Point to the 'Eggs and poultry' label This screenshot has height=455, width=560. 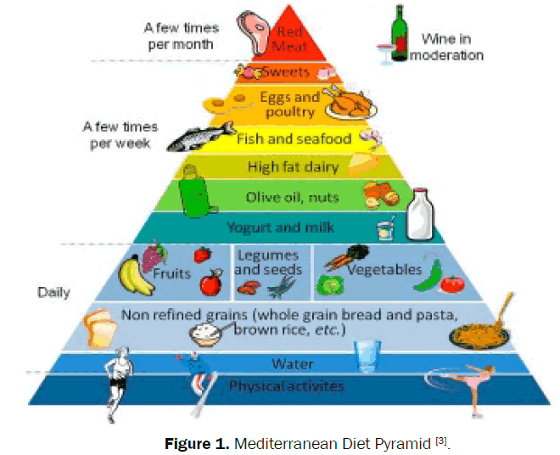(x=288, y=104)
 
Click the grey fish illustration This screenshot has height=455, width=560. (x=199, y=136)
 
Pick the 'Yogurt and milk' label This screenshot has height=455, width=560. (x=280, y=227)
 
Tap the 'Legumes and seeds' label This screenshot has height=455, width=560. (x=267, y=262)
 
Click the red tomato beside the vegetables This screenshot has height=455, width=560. (x=452, y=284)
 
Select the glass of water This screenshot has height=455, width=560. (x=367, y=351)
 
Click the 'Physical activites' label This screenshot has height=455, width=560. (x=285, y=386)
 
